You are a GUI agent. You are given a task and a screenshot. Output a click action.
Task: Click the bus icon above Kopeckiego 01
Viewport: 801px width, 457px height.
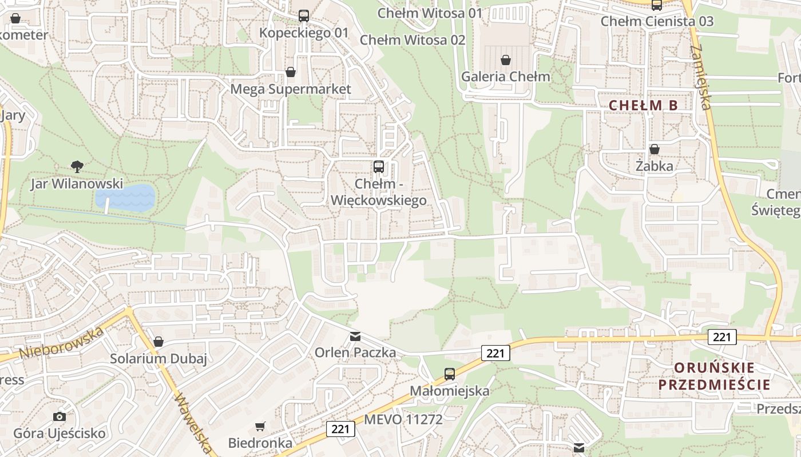(x=304, y=16)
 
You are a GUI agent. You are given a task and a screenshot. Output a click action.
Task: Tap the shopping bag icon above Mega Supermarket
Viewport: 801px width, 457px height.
(x=291, y=73)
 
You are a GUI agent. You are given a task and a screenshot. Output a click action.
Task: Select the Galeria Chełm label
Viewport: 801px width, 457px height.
(x=505, y=77)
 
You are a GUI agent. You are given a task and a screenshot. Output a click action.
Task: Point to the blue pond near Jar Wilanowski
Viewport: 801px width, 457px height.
(x=125, y=197)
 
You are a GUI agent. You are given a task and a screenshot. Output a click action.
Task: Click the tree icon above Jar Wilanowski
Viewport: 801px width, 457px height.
(x=77, y=167)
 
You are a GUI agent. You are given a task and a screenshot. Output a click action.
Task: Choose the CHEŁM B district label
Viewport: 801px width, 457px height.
(x=643, y=105)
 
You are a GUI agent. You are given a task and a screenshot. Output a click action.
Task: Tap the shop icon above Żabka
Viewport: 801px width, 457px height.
(x=655, y=150)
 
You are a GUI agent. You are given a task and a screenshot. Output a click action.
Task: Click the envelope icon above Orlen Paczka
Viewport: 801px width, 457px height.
(x=355, y=336)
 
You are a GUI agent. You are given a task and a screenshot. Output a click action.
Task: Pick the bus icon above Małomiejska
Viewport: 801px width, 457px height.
(x=450, y=374)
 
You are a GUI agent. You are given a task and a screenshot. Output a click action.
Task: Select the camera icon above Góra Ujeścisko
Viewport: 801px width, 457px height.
(x=59, y=416)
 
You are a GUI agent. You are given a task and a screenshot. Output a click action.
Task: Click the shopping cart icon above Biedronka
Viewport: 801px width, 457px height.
(x=260, y=426)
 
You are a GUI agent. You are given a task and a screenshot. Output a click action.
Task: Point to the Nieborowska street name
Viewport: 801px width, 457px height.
(x=62, y=343)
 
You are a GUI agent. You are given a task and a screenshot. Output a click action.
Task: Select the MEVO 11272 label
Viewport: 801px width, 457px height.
(x=403, y=420)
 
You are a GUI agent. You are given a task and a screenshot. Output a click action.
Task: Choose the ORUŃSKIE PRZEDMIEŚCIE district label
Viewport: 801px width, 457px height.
(x=714, y=376)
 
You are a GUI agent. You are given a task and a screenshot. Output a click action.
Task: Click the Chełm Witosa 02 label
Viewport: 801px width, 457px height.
(x=413, y=40)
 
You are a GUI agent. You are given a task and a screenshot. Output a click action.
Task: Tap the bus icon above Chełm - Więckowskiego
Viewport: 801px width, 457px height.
(x=379, y=167)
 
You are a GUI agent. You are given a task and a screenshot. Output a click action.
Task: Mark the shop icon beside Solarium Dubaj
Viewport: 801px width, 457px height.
(x=158, y=342)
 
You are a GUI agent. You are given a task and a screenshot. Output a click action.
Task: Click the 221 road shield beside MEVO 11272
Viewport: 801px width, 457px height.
(x=340, y=428)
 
